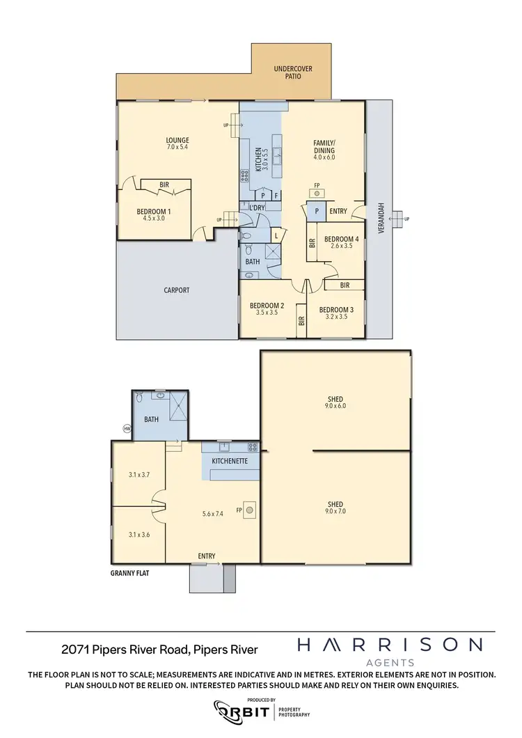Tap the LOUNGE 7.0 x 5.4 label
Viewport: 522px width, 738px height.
tap(177, 143)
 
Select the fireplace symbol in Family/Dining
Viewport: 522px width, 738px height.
tap(317, 194)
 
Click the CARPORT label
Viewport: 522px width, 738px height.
tap(177, 290)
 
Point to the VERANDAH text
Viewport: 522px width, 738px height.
tap(381, 218)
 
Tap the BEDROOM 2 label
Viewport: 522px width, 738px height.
tap(267, 306)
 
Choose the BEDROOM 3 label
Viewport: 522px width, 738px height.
tap(336, 310)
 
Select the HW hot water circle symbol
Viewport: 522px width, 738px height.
tap(127, 428)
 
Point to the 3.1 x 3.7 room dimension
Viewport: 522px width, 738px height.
tap(139, 475)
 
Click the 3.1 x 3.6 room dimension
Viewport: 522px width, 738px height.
tap(139, 535)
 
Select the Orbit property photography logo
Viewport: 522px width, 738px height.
tap(261, 711)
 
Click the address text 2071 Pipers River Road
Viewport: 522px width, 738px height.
tap(159, 650)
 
